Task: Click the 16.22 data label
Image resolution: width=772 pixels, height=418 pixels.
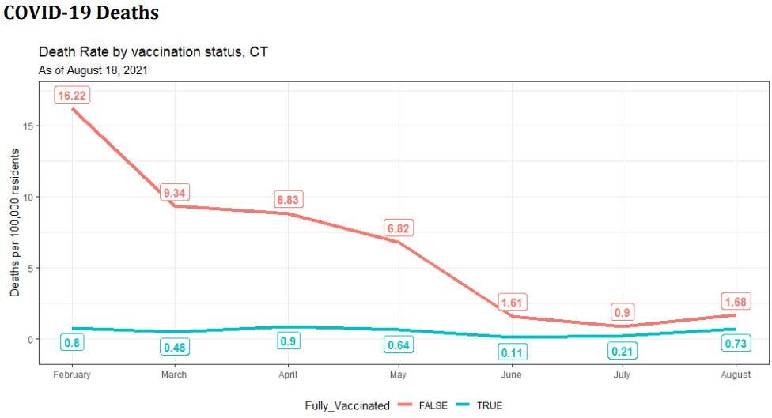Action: [x=71, y=96]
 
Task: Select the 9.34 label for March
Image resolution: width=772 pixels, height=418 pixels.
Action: [x=174, y=193]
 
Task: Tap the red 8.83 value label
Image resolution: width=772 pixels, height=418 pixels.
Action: [x=287, y=200]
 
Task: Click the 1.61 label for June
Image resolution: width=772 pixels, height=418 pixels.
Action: [x=513, y=303]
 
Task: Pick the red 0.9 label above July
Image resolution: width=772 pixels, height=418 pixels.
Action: [x=623, y=312]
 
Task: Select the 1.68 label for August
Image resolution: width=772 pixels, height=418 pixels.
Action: [x=735, y=302]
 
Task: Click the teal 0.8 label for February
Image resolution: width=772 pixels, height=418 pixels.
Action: [x=71, y=343]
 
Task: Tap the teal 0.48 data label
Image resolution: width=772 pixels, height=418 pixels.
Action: [x=174, y=347]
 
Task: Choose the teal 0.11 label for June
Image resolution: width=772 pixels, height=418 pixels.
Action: [x=513, y=352]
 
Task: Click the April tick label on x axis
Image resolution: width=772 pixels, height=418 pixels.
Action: [x=287, y=375]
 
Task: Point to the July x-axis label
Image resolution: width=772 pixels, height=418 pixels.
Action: [x=623, y=375]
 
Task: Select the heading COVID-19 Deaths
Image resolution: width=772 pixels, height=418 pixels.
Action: [x=81, y=13]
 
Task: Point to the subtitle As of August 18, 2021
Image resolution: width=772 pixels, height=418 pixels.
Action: [x=94, y=70]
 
